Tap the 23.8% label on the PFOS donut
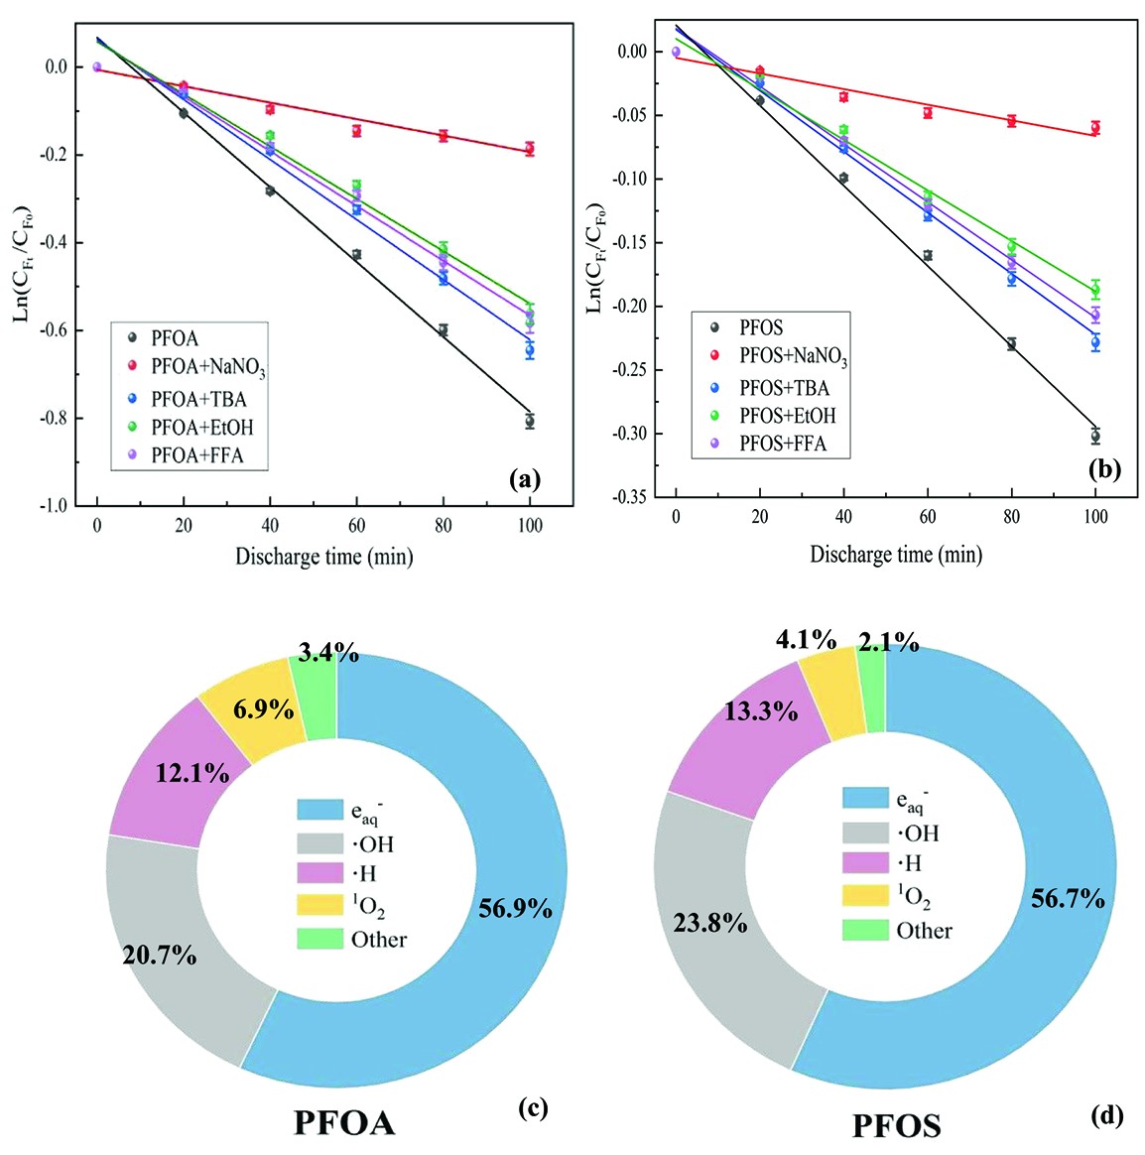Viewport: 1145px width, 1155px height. coord(710,923)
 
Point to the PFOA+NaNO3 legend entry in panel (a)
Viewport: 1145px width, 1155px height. coord(207,367)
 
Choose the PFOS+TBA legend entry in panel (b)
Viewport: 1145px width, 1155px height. coord(784,387)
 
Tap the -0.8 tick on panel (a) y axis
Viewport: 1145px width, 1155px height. coord(55,418)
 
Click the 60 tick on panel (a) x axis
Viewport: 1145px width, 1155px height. coord(357,525)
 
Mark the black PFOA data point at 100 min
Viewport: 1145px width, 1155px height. coord(530,422)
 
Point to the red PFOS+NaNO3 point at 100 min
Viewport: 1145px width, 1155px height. coord(1095,127)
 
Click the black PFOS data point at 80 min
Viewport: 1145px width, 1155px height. coord(1011,343)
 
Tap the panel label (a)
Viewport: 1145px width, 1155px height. coord(525,480)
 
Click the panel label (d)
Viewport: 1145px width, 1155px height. coord(1106,1115)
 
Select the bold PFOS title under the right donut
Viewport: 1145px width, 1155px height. coord(896,1125)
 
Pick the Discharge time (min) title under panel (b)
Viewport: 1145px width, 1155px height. coord(896,554)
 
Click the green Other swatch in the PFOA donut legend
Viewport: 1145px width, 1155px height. coord(319,939)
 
